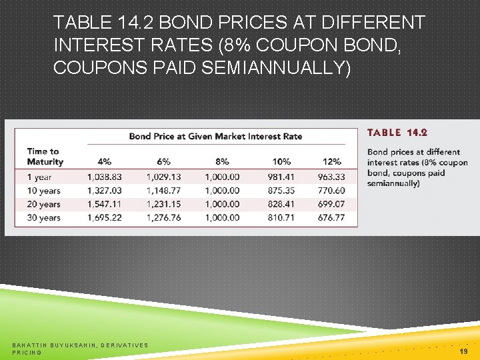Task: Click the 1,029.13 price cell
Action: (x=163, y=177)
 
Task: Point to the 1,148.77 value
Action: (x=163, y=191)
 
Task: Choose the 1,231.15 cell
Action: (x=163, y=204)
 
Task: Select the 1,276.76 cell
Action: (x=163, y=218)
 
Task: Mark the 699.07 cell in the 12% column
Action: (x=331, y=204)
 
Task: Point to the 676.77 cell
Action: (x=331, y=218)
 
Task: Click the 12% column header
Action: (x=331, y=161)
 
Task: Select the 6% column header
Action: (x=163, y=161)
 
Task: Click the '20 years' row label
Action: (x=43, y=204)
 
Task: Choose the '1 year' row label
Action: (x=39, y=177)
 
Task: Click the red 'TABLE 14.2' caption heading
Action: (x=397, y=133)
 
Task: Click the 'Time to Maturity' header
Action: (x=45, y=156)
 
